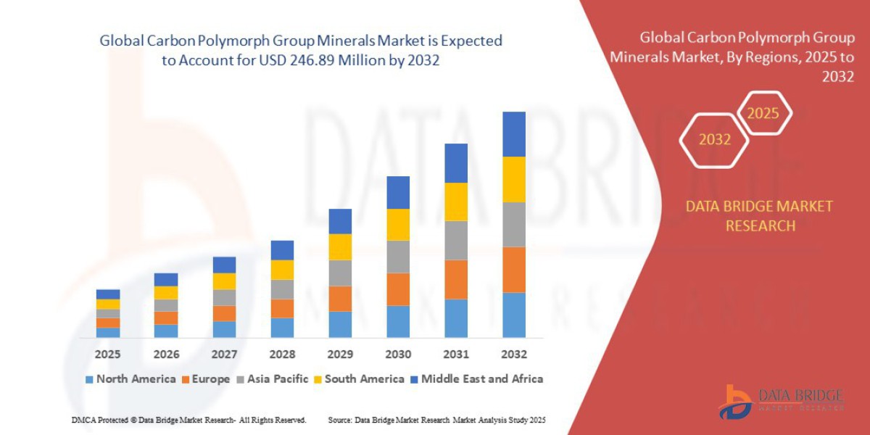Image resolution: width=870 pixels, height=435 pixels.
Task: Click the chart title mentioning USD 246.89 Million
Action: (x=301, y=51)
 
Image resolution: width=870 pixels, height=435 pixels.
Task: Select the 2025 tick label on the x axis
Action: (x=108, y=355)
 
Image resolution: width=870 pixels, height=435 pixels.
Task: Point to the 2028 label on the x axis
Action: (x=282, y=355)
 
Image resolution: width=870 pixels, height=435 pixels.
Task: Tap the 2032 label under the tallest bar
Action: (x=513, y=355)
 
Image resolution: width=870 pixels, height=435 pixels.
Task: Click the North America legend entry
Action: (x=130, y=379)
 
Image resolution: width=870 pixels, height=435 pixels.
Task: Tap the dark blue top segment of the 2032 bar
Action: (x=513, y=134)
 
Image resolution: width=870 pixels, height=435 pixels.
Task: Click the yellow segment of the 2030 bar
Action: (x=398, y=225)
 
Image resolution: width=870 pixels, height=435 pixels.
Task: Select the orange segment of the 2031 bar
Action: (x=456, y=279)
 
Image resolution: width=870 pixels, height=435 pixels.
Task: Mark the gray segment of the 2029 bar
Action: (x=340, y=273)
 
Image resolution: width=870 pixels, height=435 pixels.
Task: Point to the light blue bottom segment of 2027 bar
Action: (x=224, y=329)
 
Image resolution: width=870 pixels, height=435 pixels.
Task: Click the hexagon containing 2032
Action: (x=714, y=140)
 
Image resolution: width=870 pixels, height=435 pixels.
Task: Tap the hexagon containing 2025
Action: (x=763, y=113)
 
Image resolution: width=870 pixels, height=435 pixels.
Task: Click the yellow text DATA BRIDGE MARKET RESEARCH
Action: (x=759, y=216)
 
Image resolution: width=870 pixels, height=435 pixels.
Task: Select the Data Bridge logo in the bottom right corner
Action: (x=782, y=401)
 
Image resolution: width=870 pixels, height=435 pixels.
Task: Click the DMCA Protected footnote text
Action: (x=188, y=420)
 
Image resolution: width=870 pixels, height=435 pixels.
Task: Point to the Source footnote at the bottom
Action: (x=436, y=420)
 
